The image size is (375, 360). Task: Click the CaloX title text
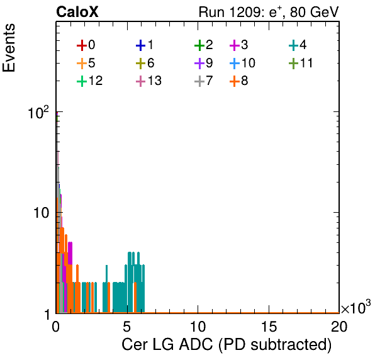[77, 12]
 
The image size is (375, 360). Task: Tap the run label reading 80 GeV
[315, 12]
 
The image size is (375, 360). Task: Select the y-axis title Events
[9, 48]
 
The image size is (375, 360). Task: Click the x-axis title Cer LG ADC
[167, 344]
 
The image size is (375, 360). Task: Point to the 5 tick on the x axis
[126, 327]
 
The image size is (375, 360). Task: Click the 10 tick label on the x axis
[198, 327]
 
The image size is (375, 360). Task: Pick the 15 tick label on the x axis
[269, 327]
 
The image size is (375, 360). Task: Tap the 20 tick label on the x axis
[339, 327]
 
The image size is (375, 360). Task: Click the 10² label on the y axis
[38, 113]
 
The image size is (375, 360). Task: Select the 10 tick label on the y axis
[41, 213]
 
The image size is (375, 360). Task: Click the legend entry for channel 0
[86, 45]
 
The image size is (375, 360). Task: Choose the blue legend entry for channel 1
[145, 45]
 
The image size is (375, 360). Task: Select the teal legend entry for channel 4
[298, 45]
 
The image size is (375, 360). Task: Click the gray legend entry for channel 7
[203, 81]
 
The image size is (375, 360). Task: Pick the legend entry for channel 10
[242, 63]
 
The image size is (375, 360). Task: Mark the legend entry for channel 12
[90, 81]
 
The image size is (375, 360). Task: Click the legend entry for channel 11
[301, 63]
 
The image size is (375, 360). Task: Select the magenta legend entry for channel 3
[238, 45]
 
